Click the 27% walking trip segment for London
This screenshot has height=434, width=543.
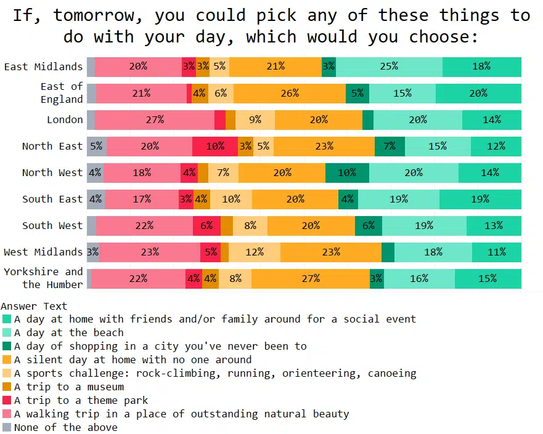click(x=155, y=120)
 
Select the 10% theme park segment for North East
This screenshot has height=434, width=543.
click(x=215, y=147)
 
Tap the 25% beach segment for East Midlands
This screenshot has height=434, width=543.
click(x=389, y=67)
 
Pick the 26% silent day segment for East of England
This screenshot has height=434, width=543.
click(x=290, y=94)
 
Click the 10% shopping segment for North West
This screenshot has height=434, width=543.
click(x=347, y=173)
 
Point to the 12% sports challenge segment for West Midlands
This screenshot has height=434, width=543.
click(x=255, y=252)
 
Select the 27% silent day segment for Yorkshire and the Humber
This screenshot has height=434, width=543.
click(x=311, y=279)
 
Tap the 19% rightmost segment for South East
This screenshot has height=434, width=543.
click(x=480, y=199)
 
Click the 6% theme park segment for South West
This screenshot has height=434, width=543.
click(x=206, y=226)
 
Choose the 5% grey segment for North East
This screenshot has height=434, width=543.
click(x=97, y=147)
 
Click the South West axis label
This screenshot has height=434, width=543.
click(x=52, y=226)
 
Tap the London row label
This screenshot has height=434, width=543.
click(x=65, y=120)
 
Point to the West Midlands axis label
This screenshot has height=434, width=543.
click(x=43, y=252)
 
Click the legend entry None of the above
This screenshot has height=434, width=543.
click(x=66, y=427)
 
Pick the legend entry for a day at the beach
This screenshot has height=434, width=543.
click(x=69, y=332)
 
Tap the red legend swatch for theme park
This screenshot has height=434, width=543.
click(x=7, y=400)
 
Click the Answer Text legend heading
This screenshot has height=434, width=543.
click(x=35, y=306)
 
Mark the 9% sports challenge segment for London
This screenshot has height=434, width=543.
click(x=255, y=120)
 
